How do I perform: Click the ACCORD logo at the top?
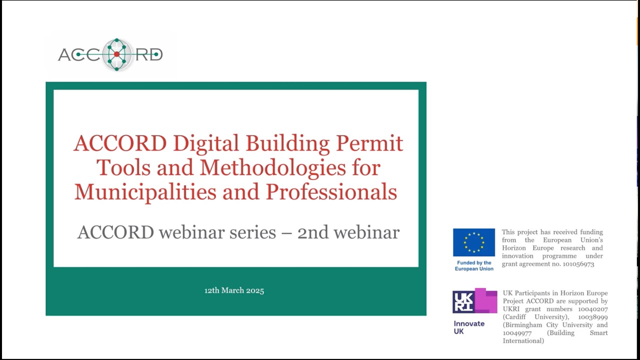[x=110, y=54]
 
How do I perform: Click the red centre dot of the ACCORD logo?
[x=116, y=54]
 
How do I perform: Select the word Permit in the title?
[x=369, y=143]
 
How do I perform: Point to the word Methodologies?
[x=272, y=167]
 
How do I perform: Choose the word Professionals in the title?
[x=331, y=191]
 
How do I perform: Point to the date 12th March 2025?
[x=234, y=290]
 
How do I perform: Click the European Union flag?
[x=474, y=242]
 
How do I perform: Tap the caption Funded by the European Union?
[x=474, y=265]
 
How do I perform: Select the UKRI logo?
[x=474, y=301]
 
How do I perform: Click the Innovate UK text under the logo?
[x=469, y=327]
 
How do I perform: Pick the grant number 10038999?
[x=593, y=317]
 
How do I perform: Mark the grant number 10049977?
[x=517, y=333]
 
